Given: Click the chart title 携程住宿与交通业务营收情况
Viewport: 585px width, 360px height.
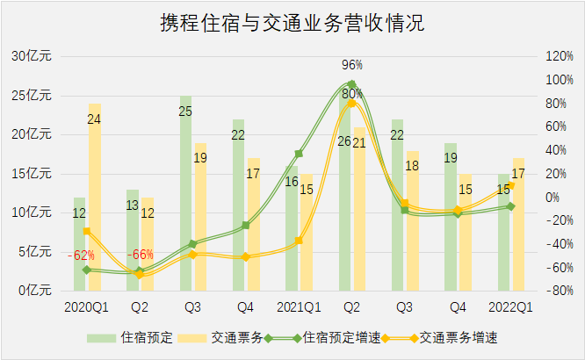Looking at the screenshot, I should point(292,23).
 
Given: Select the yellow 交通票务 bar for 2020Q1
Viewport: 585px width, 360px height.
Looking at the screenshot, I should point(94,198).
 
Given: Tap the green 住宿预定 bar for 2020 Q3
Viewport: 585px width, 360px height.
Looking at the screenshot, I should point(185,193).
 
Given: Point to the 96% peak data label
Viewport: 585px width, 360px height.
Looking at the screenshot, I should point(352,65).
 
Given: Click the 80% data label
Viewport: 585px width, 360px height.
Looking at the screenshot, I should point(352,93).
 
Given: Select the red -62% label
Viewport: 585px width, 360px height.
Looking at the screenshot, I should point(83,256).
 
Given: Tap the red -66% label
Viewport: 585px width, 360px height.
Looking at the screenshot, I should point(141,256).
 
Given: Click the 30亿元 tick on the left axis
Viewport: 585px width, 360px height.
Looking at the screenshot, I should point(32,56).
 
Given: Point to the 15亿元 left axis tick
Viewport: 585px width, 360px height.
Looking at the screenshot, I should point(32,173).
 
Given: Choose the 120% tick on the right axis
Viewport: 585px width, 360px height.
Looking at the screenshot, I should point(560,56).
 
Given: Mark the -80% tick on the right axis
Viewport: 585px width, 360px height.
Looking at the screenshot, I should point(560,291).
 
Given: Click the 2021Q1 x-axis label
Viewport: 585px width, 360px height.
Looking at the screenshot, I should point(299,307).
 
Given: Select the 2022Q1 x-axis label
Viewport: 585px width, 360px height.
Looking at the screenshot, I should point(510,307).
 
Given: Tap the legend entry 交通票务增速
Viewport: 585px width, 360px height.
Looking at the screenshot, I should point(462,337).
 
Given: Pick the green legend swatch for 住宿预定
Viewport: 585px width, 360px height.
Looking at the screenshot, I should point(101,337).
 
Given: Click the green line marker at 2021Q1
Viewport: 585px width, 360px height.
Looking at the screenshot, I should point(299,154).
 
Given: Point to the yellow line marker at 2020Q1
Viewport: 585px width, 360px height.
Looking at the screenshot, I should point(87,232).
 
